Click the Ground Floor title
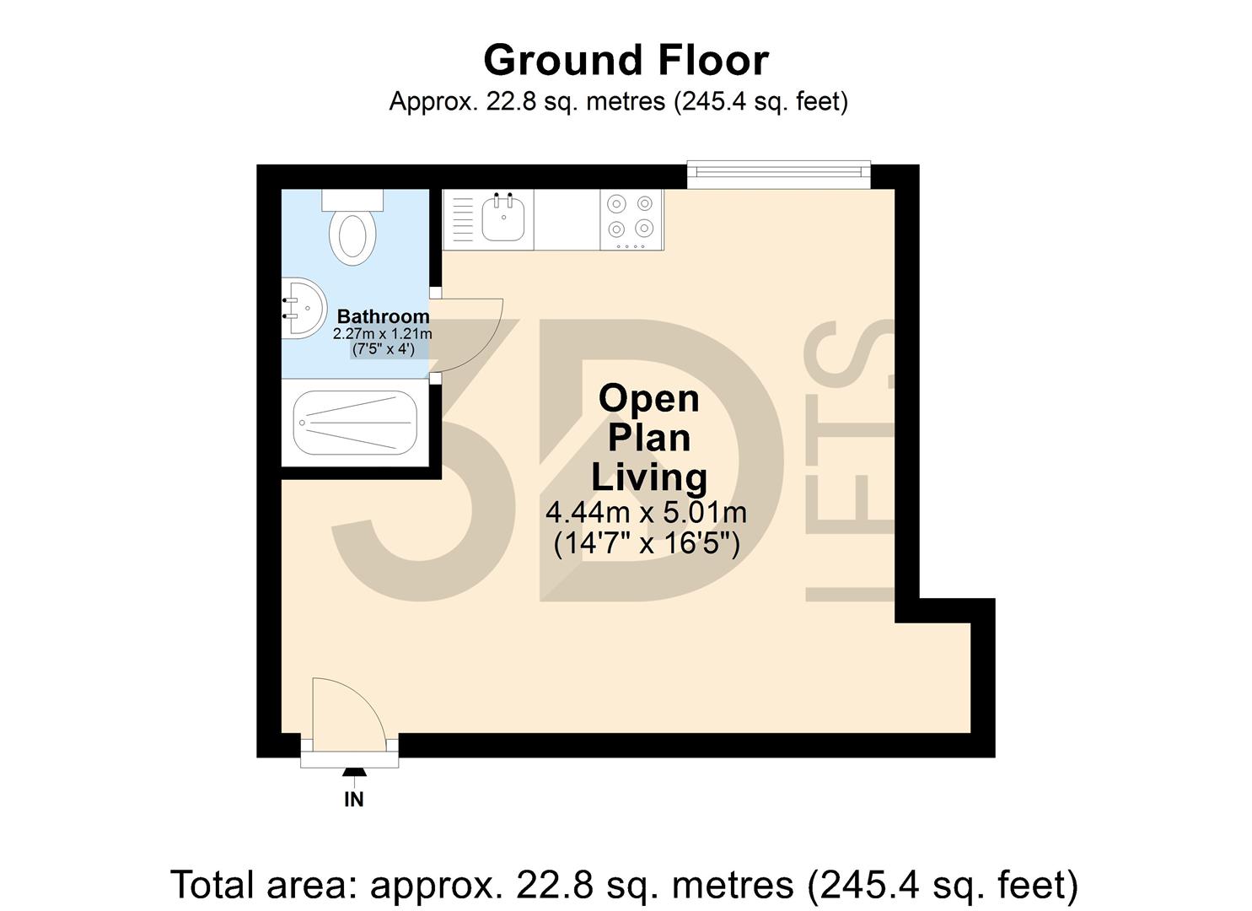(x=626, y=61)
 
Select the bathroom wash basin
(x=303, y=308)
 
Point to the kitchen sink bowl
(x=503, y=218)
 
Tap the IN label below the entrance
(x=353, y=799)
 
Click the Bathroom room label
(x=383, y=316)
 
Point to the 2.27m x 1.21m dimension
(x=383, y=334)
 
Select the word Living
(x=648, y=477)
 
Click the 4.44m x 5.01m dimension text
(x=646, y=512)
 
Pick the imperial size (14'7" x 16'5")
(x=646, y=542)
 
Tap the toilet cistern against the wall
(x=352, y=200)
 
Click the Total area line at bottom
(x=625, y=885)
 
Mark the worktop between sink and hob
(x=567, y=219)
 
